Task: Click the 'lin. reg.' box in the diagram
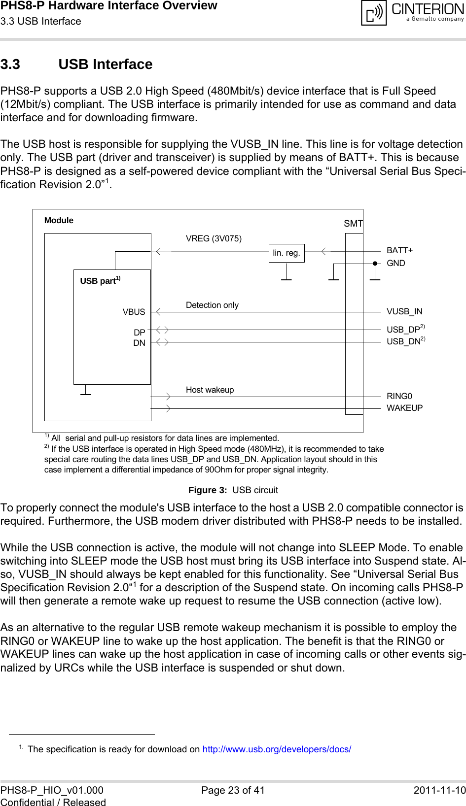coord(287,253)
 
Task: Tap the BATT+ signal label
coord(399,250)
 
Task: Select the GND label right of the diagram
coord(395,263)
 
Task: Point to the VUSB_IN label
coord(404,311)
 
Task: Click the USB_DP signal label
coord(403,330)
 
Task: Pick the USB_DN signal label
coord(403,341)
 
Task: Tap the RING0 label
coord(399,396)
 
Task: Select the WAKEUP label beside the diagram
coord(404,408)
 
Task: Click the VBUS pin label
coord(134,312)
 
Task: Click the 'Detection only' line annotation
coord(212,305)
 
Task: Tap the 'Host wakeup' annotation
coord(210,390)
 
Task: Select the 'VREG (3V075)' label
coord(214,238)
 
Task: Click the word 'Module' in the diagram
coord(59,220)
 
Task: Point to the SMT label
coord(353,224)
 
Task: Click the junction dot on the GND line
coord(375,264)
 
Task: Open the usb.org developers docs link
coord(277,749)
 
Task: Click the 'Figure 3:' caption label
coord(208,490)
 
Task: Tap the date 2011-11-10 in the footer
coord(439,790)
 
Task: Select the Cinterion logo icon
coord(374,13)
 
